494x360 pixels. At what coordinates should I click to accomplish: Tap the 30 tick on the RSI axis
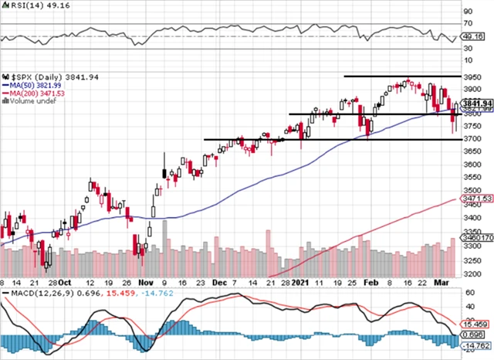click(x=467, y=49)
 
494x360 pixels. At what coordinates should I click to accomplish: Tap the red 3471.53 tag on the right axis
click(x=478, y=199)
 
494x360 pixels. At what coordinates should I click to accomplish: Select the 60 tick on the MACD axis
click(x=467, y=294)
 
